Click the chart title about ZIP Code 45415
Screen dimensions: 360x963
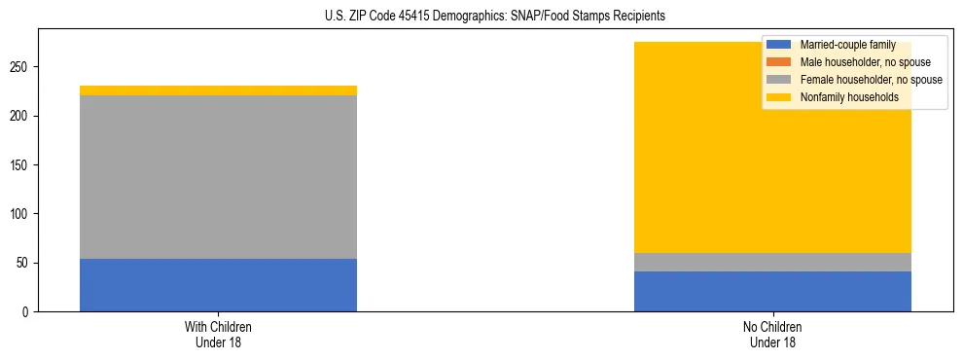(495, 17)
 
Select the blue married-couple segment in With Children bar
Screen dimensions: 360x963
(218, 285)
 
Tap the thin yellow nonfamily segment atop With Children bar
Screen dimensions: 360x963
(218, 90)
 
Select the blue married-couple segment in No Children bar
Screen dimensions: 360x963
(772, 291)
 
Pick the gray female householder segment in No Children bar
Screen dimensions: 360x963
(772, 262)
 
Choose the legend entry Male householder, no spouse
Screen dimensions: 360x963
(857, 62)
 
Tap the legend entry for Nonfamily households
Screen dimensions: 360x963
(841, 97)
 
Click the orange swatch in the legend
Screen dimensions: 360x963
(780, 62)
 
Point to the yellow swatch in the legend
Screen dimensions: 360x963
(780, 97)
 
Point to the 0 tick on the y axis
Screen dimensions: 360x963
(26, 312)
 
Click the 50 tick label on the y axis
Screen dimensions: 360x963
(23, 263)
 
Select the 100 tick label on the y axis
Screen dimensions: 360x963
(20, 214)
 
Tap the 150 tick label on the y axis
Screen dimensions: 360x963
(20, 165)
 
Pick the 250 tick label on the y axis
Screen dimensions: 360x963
(20, 67)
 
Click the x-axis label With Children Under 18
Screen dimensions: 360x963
(218, 334)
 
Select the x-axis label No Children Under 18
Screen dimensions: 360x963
(772, 334)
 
